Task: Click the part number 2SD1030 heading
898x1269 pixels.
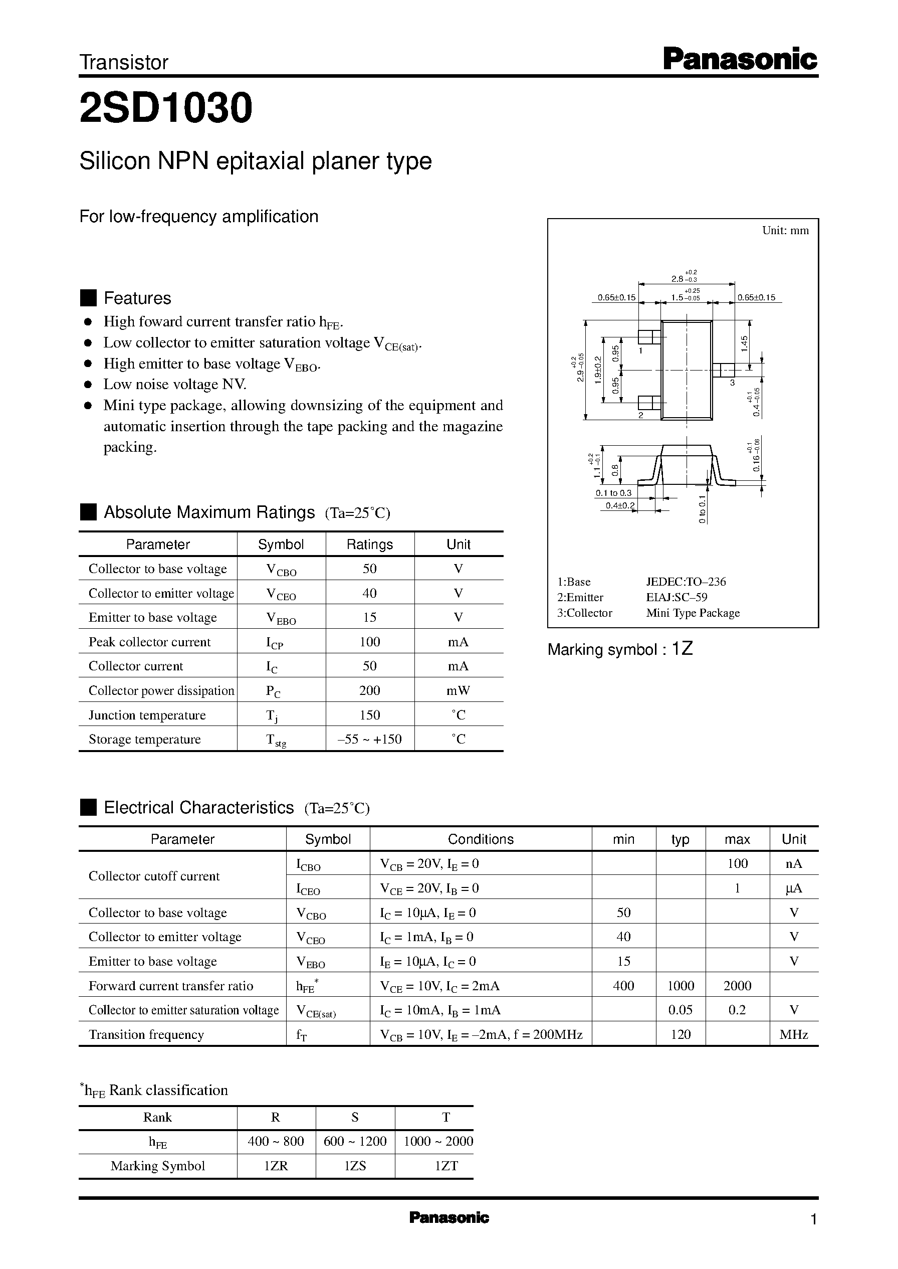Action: tap(166, 108)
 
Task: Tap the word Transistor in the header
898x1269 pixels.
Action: tap(124, 63)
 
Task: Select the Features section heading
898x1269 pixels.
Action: tap(137, 298)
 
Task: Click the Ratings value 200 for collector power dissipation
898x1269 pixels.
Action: tap(369, 690)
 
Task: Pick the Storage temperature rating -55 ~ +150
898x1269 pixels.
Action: tap(369, 739)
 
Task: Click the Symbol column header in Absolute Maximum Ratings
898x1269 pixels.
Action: tap(281, 545)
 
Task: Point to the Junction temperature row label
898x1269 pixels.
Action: tap(147, 715)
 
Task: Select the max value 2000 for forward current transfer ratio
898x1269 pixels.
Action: tap(737, 985)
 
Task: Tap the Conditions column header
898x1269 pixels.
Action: tap(481, 839)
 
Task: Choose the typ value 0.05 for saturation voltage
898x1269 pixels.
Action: tap(680, 1010)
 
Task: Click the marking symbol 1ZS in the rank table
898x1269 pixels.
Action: tap(355, 1166)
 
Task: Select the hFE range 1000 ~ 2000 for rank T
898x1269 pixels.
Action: tap(438, 1141)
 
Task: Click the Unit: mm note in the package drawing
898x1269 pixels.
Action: tap(785, 231)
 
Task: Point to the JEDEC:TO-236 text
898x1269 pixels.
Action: tap(686, 582)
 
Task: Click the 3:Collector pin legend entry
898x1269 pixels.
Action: tap(584, 612)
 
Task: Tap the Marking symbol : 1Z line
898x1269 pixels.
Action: tap(620, 649)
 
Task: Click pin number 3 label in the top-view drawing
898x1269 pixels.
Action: tap(732, 382)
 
